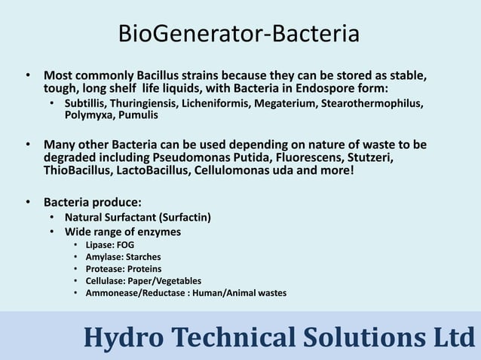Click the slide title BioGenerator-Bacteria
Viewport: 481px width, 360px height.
coord(240,34)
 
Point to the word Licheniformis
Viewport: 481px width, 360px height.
coord(214,103)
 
